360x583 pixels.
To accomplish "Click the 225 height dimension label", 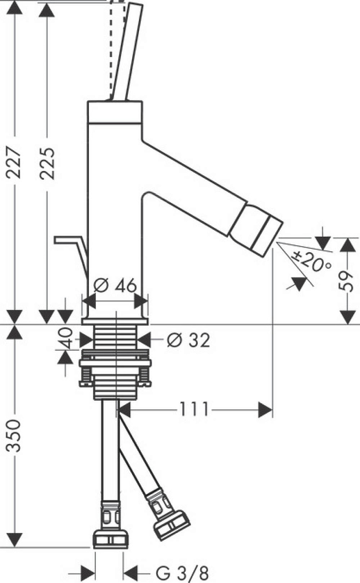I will click(x=47, y=163).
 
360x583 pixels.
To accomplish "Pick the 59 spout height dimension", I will click(x=346, y=280).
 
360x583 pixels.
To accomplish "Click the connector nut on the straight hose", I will click(x=110, y=539).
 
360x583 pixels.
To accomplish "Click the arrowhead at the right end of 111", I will click(x=265, y=410).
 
